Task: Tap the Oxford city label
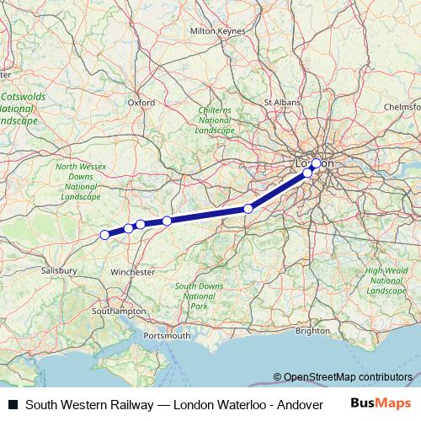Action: (x=141, y=103)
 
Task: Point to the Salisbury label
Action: (x=60, y=271)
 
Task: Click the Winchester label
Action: (x=133, y=272)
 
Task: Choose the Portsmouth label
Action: (x=167, y=336)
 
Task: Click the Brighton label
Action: (x=313, y=331)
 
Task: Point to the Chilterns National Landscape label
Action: (x=215, y=120)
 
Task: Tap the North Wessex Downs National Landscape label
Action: (x=81, y=182)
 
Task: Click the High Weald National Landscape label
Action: (x=386, y=280)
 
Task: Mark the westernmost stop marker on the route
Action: (x=104, y=235)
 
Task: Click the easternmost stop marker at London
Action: (x=317, y=163)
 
